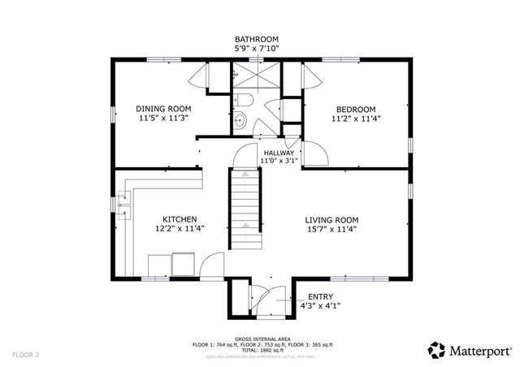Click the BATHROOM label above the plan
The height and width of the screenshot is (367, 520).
click(256, 38)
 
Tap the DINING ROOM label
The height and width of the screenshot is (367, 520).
click(162, 108)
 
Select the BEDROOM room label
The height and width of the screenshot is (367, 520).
click(356, 109)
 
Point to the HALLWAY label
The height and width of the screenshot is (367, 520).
click(278, 152)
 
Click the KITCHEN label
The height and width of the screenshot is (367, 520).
click(179, 219)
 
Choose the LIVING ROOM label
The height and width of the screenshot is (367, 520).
click(331, 219)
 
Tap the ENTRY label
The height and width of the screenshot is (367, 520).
click(318, 297)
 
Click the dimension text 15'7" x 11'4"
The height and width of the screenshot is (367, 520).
click(331, 229)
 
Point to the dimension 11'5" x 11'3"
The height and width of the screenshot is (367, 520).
click(162, 118)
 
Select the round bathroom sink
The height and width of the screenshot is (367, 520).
click(239, 122)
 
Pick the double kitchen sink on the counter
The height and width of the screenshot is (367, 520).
click(123, 205)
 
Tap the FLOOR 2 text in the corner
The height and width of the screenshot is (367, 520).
click(26, 355)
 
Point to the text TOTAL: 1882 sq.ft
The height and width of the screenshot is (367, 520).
click(260, 350)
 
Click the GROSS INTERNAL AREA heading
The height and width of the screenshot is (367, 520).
click(260, 339)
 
